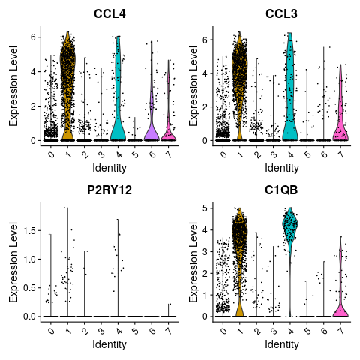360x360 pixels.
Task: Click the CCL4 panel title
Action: click(x=109, y=13)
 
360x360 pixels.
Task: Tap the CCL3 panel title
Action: click(x=281, y=13)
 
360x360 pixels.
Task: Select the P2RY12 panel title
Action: click(x=109, y=190)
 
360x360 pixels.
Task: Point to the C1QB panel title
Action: click(x=281, y=190)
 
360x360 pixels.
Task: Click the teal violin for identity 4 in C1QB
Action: click(x=290, y=225)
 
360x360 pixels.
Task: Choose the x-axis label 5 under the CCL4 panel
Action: click(x=135, y=155)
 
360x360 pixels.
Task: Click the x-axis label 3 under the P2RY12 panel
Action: click(x=101, y=331)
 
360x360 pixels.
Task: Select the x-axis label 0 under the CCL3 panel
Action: click(x=223, y=155)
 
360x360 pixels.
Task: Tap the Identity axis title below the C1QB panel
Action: click(x=282, y=344)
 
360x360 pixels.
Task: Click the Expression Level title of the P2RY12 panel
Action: click(x=13, y=262)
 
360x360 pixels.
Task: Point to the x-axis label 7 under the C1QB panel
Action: click(x=340, y=331)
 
